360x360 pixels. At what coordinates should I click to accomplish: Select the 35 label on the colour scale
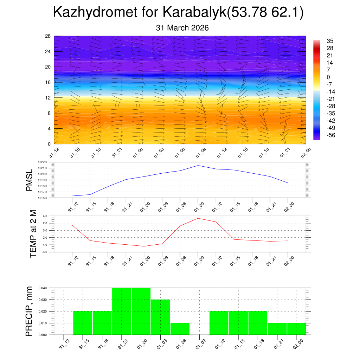click(x=330, y=41)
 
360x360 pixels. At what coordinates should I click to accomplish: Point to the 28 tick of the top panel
click(x=48, y=36)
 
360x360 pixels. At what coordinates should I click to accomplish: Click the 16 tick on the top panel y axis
click(x=48, y=82)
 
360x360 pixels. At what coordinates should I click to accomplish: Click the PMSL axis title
click(x=30, y=180)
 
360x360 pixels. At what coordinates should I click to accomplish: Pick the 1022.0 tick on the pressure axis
click(x=47, y=162)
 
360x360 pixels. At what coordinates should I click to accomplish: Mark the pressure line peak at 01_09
click(x=198, y=165)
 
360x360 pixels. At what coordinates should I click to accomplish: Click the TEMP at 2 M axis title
click(x=33, y=234)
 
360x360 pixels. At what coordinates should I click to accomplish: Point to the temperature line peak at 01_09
click(x=198, y=218)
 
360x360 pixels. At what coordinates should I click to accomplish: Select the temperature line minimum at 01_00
click(x=144, y=246)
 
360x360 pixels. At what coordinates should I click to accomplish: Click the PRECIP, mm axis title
click(x=30, y=311)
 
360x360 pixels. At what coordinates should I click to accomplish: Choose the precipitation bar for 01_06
click(x=180, y=329)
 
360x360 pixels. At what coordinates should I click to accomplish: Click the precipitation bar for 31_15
click(x=83, y=323)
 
